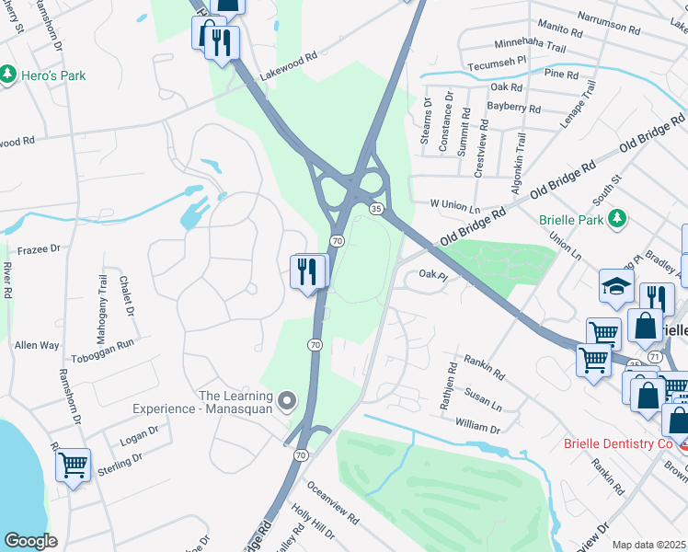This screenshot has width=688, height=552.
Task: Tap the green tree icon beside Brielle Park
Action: click(621, 218)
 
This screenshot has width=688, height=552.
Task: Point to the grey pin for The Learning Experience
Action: click(288, 400)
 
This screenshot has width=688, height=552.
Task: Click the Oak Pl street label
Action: click(432, 273)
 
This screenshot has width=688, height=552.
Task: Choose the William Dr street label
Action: click(477, 428)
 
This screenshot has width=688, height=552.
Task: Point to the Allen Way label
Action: click(37, 345)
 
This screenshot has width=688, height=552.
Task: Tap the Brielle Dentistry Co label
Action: click(619, 444)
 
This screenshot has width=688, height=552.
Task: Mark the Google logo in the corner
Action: click(31, 541)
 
